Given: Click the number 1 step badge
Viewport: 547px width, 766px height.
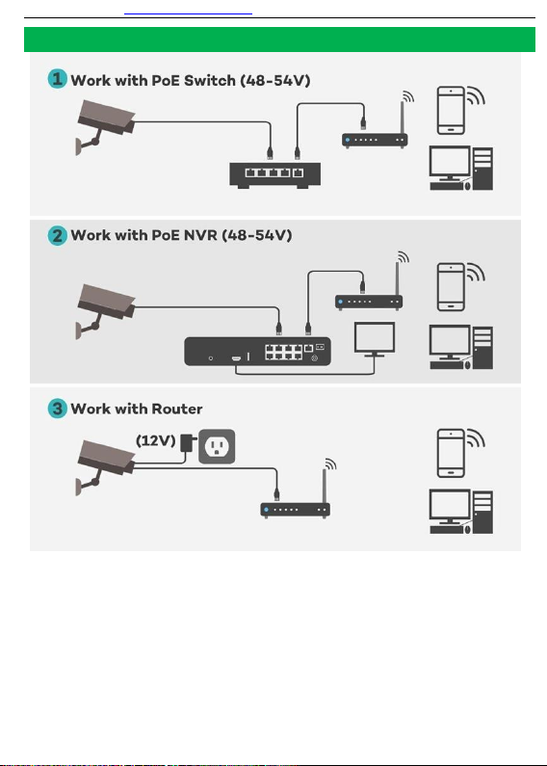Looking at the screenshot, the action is (x=57, y=79).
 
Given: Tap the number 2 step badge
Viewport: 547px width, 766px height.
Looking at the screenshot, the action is (x=57, y=236).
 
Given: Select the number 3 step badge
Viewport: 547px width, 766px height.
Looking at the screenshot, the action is (x=57, y=409).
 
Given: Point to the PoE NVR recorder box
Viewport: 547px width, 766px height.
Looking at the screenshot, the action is (x=257, y=352).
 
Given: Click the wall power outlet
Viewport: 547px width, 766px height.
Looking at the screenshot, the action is (x=217, y=446).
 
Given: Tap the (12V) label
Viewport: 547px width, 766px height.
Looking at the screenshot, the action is (x=155, y=440).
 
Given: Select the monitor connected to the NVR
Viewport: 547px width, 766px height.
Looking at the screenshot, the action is (x=375, y=339).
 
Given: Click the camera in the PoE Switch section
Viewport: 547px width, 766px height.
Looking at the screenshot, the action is (x=105, y=126).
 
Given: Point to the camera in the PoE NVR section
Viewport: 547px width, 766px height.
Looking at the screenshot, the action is (x=105, y=310).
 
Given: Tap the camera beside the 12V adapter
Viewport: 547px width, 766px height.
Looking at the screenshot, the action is (x=105, y=467).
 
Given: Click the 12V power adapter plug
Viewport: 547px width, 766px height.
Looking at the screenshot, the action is (x=188, y=442).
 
